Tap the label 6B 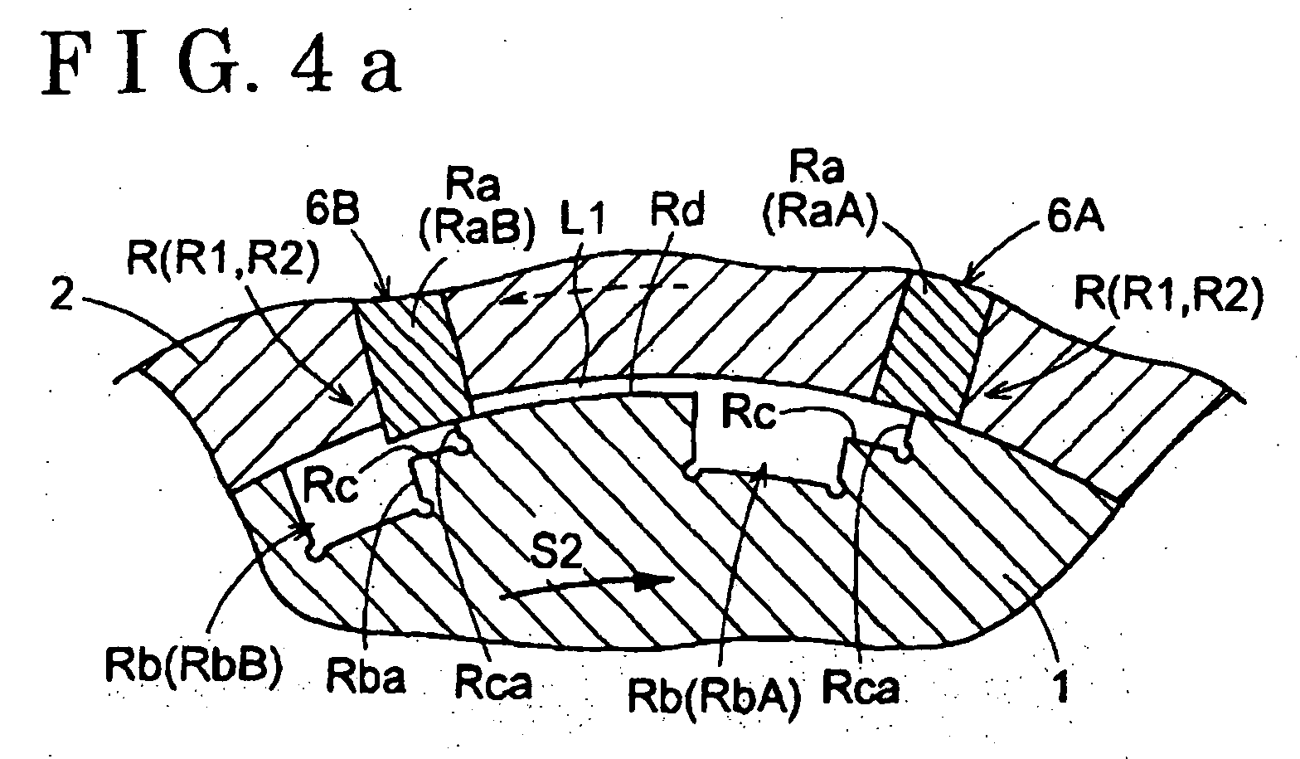point(332,210)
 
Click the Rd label point(677,210)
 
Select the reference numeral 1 point(1060,687)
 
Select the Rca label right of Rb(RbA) point(861,687)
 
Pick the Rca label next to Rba point(493,683)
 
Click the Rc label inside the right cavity point(749,412)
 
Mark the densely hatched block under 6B point(413,364)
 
